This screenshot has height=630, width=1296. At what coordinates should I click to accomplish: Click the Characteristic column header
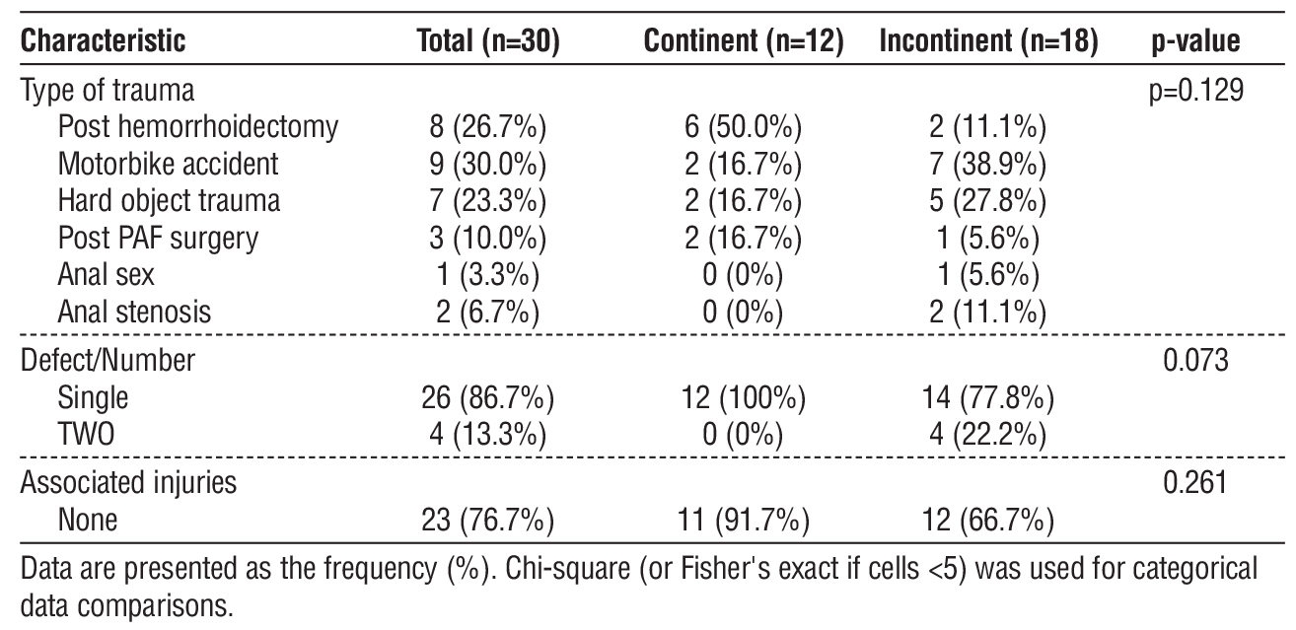tap(104, 42)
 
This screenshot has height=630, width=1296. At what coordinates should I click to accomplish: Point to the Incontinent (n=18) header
tap(988, 42)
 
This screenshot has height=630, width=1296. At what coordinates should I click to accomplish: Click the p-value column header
tap(1195, 42)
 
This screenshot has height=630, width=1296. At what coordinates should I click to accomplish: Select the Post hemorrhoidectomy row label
tap(198, 127)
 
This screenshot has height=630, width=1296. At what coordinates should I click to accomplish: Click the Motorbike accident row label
tap(169, 164)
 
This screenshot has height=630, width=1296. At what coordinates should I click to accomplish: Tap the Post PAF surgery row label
tap(157, 238)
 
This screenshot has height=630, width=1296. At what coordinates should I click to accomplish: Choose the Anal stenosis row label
tap(134, 312)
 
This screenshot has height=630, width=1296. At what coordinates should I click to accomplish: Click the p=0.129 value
tap(1194, 92)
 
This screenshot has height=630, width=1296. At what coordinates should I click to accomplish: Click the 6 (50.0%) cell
tap(742, 127)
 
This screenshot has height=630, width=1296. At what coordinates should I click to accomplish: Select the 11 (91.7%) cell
tap(742, 520)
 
